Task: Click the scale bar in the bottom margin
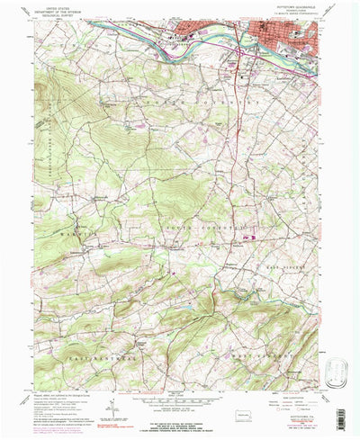180,404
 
